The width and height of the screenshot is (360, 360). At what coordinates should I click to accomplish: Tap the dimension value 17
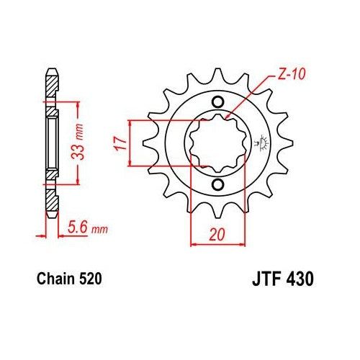tap(120, 143)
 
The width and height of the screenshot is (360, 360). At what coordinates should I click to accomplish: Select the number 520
tap(90, 276)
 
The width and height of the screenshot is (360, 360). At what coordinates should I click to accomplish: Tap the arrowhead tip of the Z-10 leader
tap(227, 118)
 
